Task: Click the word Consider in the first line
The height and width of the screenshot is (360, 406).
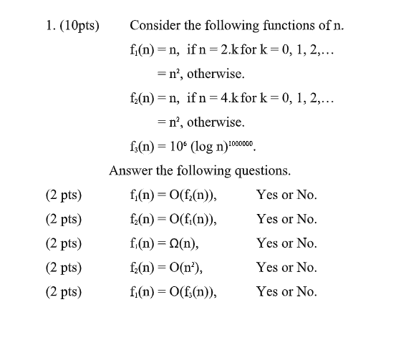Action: (153, 26)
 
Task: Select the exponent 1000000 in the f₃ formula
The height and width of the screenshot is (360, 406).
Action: (237, 142)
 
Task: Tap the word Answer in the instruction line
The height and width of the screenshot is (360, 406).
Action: (130, 170)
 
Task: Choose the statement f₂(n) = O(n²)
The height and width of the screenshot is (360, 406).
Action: (166, 268)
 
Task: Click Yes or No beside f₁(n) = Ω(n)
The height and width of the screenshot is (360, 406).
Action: (286, 243)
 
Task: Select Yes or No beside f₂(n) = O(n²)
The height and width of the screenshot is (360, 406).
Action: (286, 268)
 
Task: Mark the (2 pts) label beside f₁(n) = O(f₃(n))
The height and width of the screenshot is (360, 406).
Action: (62, 292)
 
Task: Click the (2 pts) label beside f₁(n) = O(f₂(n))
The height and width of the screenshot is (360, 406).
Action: (62, 195)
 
